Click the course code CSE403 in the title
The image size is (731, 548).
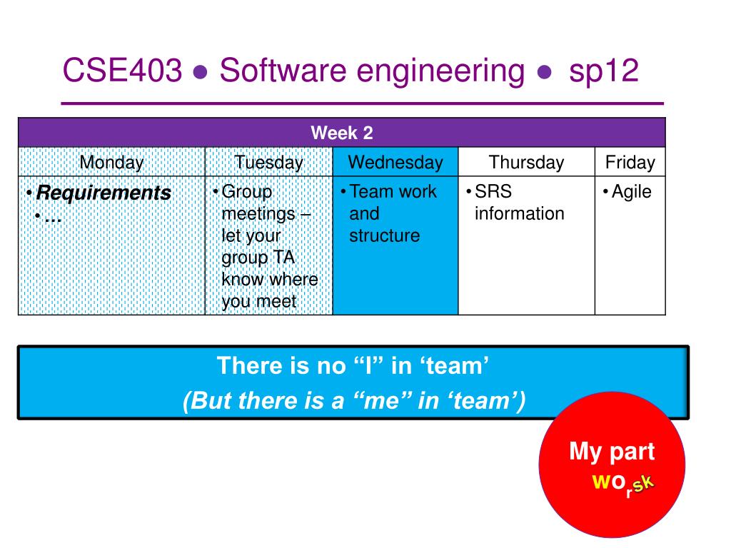(122, 71)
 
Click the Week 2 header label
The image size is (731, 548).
(342, 133)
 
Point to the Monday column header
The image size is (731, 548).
(111, 162)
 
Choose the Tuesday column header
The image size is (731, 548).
(269, 162)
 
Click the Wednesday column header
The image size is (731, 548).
(395, 162)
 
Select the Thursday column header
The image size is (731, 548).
(526, 162)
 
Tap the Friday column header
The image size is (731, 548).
(630, 162)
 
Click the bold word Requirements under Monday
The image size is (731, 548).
(104, 193)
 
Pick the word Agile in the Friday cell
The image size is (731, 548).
(631, 191)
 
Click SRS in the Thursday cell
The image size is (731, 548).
(493, 191)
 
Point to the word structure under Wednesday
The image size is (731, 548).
(385, 235)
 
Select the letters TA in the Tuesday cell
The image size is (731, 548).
(284, 257)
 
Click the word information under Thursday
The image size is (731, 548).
(520, 213)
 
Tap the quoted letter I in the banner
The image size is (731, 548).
(368, 366)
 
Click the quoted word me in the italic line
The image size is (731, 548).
(383, 401)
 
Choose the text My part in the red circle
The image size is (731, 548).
(612, 452)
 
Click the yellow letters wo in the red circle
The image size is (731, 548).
(608, 481)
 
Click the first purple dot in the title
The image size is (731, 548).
(200, 72)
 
